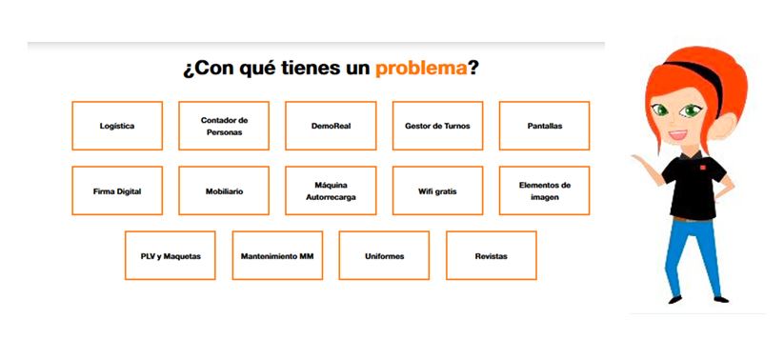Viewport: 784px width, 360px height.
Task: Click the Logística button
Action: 117,126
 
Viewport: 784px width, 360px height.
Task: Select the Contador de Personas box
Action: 224,126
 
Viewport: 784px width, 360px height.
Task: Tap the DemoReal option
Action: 331,126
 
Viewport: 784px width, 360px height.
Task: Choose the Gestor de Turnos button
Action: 437,126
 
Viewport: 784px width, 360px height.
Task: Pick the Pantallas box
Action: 545,126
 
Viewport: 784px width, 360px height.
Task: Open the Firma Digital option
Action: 117,191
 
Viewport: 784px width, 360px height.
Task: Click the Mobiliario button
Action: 224,191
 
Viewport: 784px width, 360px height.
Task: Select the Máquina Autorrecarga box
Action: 331,191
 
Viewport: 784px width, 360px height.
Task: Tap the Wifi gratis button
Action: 437,191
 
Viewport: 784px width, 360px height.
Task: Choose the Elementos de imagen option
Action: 545,191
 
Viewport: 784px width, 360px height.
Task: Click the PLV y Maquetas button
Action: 170,255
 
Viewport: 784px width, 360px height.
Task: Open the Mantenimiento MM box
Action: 277,255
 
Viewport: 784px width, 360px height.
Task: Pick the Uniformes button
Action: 384,255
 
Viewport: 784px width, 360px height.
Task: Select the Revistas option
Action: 491,255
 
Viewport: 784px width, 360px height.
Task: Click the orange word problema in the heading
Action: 421,69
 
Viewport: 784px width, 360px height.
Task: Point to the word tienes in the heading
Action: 309,68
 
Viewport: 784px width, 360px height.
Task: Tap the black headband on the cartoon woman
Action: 700,75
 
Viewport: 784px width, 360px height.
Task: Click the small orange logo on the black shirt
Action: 702,168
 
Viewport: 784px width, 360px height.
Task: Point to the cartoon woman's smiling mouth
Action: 678,134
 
